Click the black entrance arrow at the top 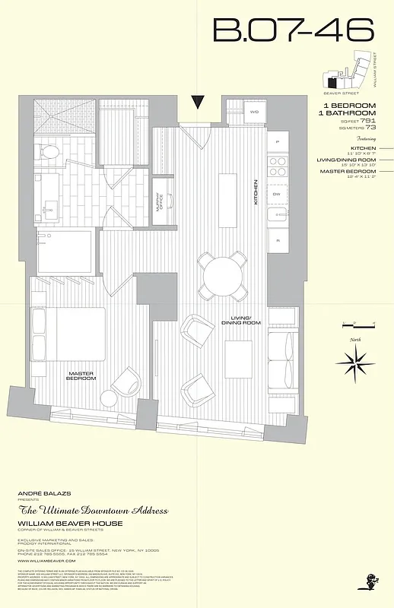click(x=199, y=103)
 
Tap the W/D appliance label click(x=254, y=112)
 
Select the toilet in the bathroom click(x=49, y=153)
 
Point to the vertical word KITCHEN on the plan click(x=256, y=192)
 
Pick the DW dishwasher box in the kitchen click(x=278, y=194)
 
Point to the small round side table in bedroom click(x=109, y=398)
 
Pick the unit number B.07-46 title click(x=294, y=30)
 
